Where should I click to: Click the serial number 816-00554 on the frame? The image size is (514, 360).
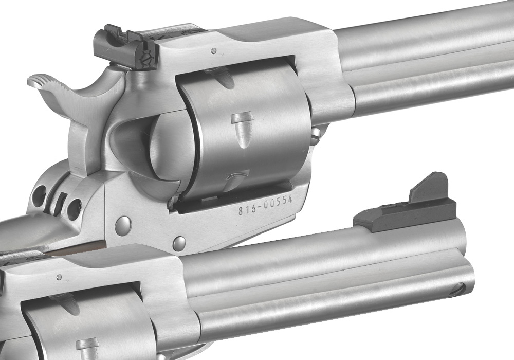[265, 205]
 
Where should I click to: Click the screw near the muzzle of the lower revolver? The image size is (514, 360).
[457, 290]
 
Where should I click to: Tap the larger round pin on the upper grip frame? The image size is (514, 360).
[123, 226]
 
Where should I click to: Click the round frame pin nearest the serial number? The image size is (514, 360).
[179, 243]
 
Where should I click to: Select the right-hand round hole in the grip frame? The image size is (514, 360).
[75, 209]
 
